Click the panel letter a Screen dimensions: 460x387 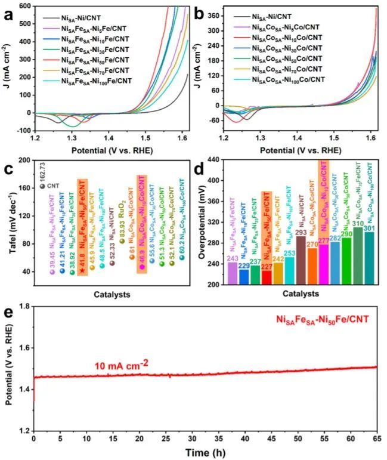tap(8, 11)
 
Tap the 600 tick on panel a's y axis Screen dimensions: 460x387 tap(24, 6)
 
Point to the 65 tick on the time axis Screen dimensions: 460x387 tap(377, 439)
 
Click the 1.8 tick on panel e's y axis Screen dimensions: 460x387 tap(23, 306)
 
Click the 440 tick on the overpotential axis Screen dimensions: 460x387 tap(216, 160)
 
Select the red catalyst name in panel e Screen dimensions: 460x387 tap(322, 320)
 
